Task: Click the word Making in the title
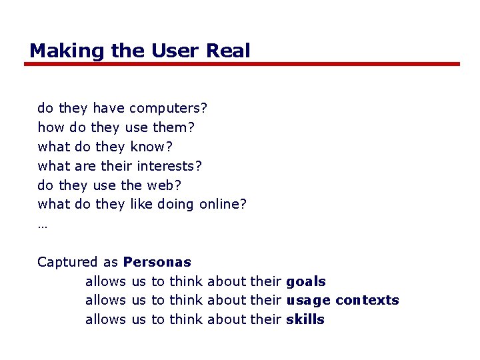[57, 51]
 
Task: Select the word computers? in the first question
[169, 108]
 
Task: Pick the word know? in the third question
[152, 146]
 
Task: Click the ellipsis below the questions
[42, 225]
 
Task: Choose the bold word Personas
[157, 262]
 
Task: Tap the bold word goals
[306, 282]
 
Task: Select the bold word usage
[308, 301]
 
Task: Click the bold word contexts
[367, 301]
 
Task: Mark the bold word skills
[305, 319]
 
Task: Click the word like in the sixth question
[141, 204]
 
